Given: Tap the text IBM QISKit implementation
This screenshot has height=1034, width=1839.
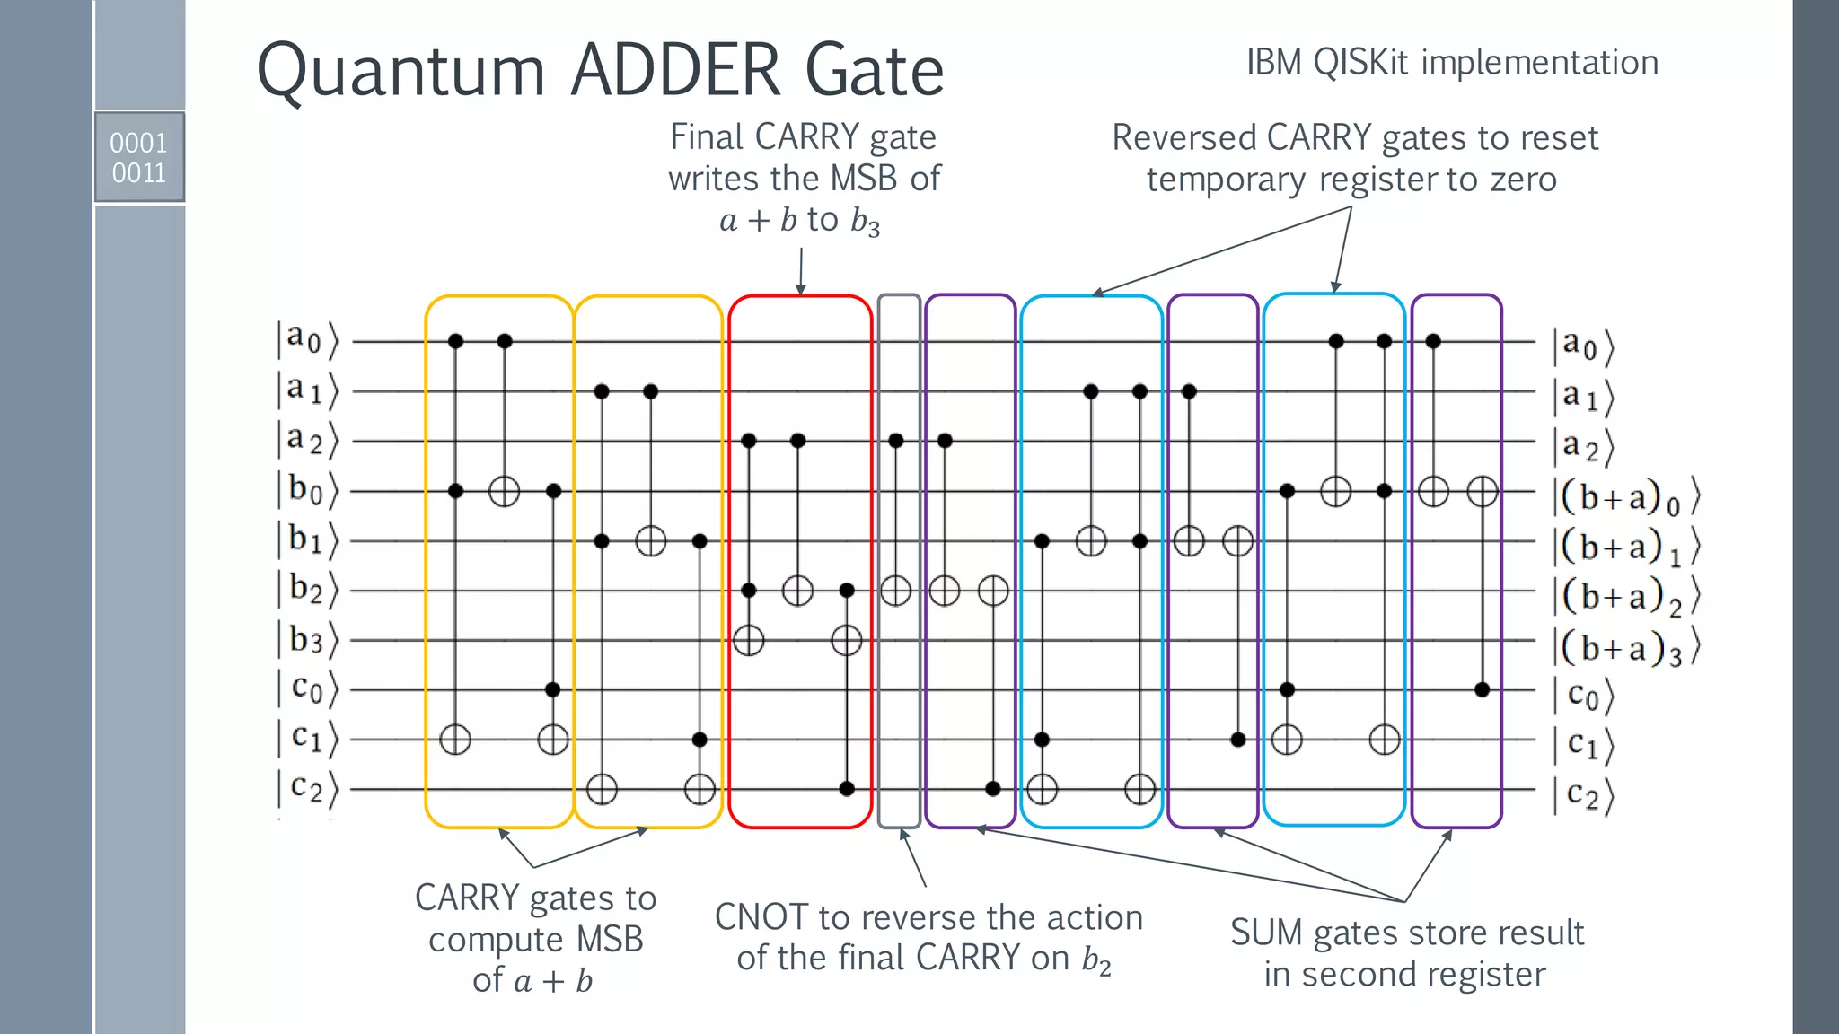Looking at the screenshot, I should tap(1451, 63).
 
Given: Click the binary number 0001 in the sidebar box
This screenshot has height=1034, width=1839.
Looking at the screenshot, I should tap(138, 143).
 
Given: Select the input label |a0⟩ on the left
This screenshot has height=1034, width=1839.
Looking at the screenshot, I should tap(306, 340).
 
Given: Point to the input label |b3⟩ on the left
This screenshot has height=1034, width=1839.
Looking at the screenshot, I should tap(306, 640).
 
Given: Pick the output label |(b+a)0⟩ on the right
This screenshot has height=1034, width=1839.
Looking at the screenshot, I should tap(1625, 497).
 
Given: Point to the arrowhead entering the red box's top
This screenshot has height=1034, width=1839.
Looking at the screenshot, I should tap(800, 290).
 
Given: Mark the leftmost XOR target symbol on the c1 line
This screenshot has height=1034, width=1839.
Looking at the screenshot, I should tap(455, 740).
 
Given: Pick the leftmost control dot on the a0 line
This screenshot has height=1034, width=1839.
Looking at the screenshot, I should tap(455, 341).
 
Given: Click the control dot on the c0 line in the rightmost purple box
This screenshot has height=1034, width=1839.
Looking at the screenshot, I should tap(1482, 689).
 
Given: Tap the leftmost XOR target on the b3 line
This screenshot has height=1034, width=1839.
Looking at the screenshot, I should tap(748, 641).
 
